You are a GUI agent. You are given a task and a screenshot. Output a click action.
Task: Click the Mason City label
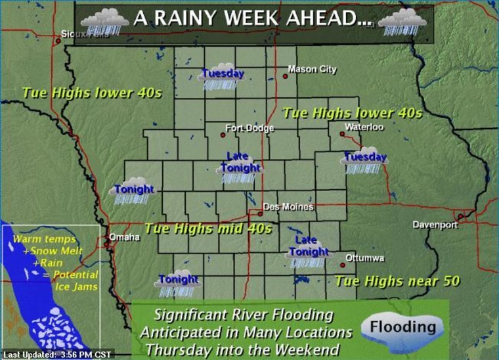pyautogui.click(x=313, y=70)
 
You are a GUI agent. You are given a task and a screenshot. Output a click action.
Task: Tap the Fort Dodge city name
pyautogui.click(x=249, y=128)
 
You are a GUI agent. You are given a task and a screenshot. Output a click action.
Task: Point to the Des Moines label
pyautogui.click(x=288, y=208)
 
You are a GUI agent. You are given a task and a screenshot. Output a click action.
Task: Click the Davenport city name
pyautogui.click(x=435, y=225)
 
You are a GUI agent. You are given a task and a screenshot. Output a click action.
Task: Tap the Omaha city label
pyautogui.click(x=124, y=237)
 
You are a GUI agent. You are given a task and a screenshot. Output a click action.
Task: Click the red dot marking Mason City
pyautogui.click(x=286, y=76)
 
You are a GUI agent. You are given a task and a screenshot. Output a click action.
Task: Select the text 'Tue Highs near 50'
pyautogui.click(x=397, y=282)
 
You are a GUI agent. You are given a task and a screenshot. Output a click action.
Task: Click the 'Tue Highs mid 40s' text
pyautogui.click(x=207, y=229)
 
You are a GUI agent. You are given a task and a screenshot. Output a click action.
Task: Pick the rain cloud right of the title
pyautogui.click(x=402, y=21)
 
